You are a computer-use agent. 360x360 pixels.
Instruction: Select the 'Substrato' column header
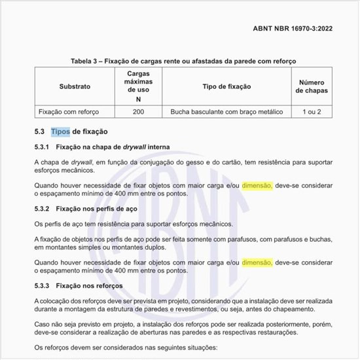[75, 86]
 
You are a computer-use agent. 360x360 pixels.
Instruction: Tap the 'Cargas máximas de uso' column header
[138, 81]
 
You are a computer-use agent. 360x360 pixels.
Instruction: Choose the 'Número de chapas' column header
[312, 86]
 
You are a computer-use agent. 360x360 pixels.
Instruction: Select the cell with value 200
[138, 112]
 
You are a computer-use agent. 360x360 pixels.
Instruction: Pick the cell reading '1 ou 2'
[312, 112]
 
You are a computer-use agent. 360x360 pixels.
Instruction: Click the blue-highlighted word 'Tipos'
[60, 132]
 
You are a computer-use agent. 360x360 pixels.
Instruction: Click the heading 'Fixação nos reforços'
[90, 286]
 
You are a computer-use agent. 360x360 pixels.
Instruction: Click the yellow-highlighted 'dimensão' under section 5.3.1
[257, 185]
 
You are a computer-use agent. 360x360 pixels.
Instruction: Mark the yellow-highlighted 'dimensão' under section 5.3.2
[257, 263]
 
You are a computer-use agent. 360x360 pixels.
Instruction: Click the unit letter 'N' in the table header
[138, 99]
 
